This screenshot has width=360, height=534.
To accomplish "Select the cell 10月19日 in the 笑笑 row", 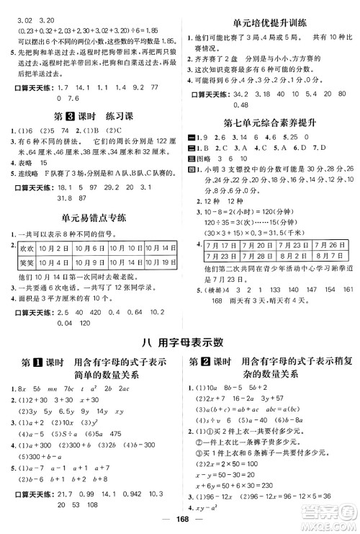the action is click(161, 262).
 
